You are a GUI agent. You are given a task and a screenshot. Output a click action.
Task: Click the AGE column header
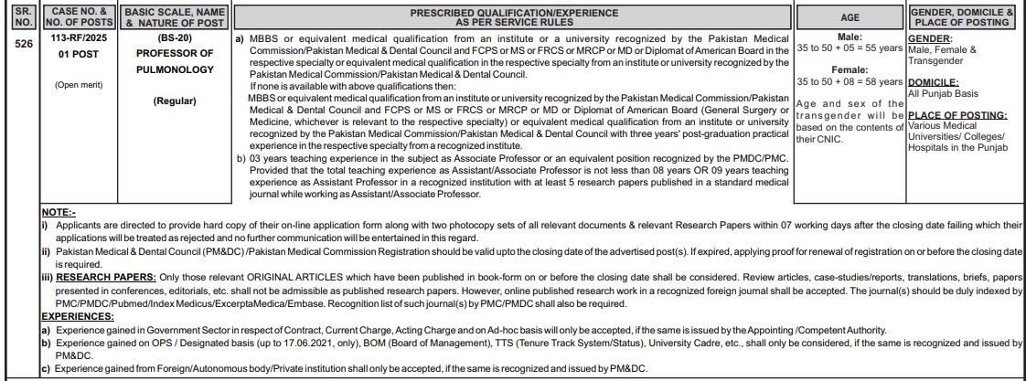(x=850, y=17)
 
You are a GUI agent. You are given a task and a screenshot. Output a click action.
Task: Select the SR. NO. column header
(x=24, y=17)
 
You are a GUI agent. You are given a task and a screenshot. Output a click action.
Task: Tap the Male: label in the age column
(x=850, y=37)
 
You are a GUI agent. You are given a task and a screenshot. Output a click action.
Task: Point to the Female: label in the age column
(x=850, y=69)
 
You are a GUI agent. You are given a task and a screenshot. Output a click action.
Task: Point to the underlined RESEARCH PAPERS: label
(x=104, y=276)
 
